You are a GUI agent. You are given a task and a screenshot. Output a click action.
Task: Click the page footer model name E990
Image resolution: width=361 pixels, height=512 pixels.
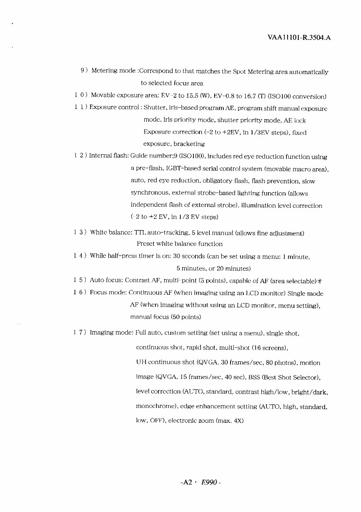pos(209,482)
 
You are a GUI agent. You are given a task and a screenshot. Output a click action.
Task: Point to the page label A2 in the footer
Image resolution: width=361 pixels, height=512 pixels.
pos(187,482)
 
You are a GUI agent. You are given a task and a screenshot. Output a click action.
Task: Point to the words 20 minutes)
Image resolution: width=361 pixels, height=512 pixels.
pos(233,268)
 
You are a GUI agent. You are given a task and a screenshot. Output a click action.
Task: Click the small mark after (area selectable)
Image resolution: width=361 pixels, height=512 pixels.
pos(320,281)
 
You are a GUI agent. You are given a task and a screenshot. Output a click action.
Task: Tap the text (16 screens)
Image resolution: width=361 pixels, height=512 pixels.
pos(270,348)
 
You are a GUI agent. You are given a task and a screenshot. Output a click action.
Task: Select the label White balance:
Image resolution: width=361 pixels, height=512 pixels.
pos(111,232)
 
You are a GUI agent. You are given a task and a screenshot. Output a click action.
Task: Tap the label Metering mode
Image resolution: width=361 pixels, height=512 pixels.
pos(114,71)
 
